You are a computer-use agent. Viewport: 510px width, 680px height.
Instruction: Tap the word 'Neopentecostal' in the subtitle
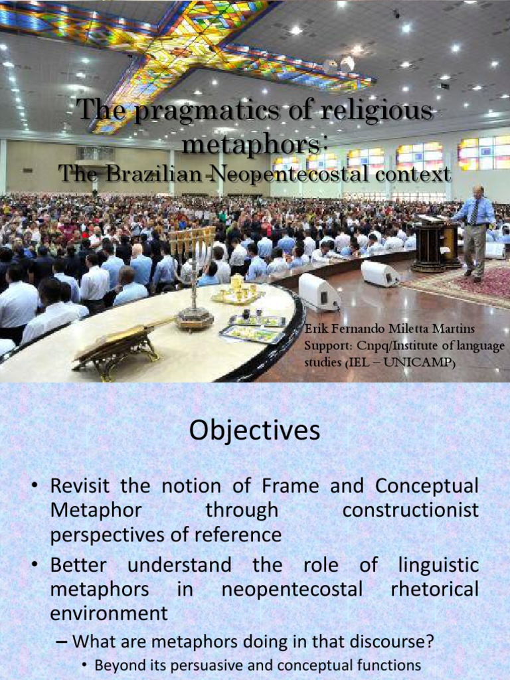click(284, 175)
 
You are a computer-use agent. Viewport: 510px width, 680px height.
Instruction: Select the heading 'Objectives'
click(254, 431)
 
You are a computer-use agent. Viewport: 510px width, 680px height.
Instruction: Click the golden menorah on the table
click(192, 272)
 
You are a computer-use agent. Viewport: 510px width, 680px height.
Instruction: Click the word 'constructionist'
click(410, 511)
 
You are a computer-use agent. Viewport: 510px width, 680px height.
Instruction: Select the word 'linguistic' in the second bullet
click(438, 565)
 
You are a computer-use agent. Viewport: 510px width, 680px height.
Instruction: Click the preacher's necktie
click(475, 213)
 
